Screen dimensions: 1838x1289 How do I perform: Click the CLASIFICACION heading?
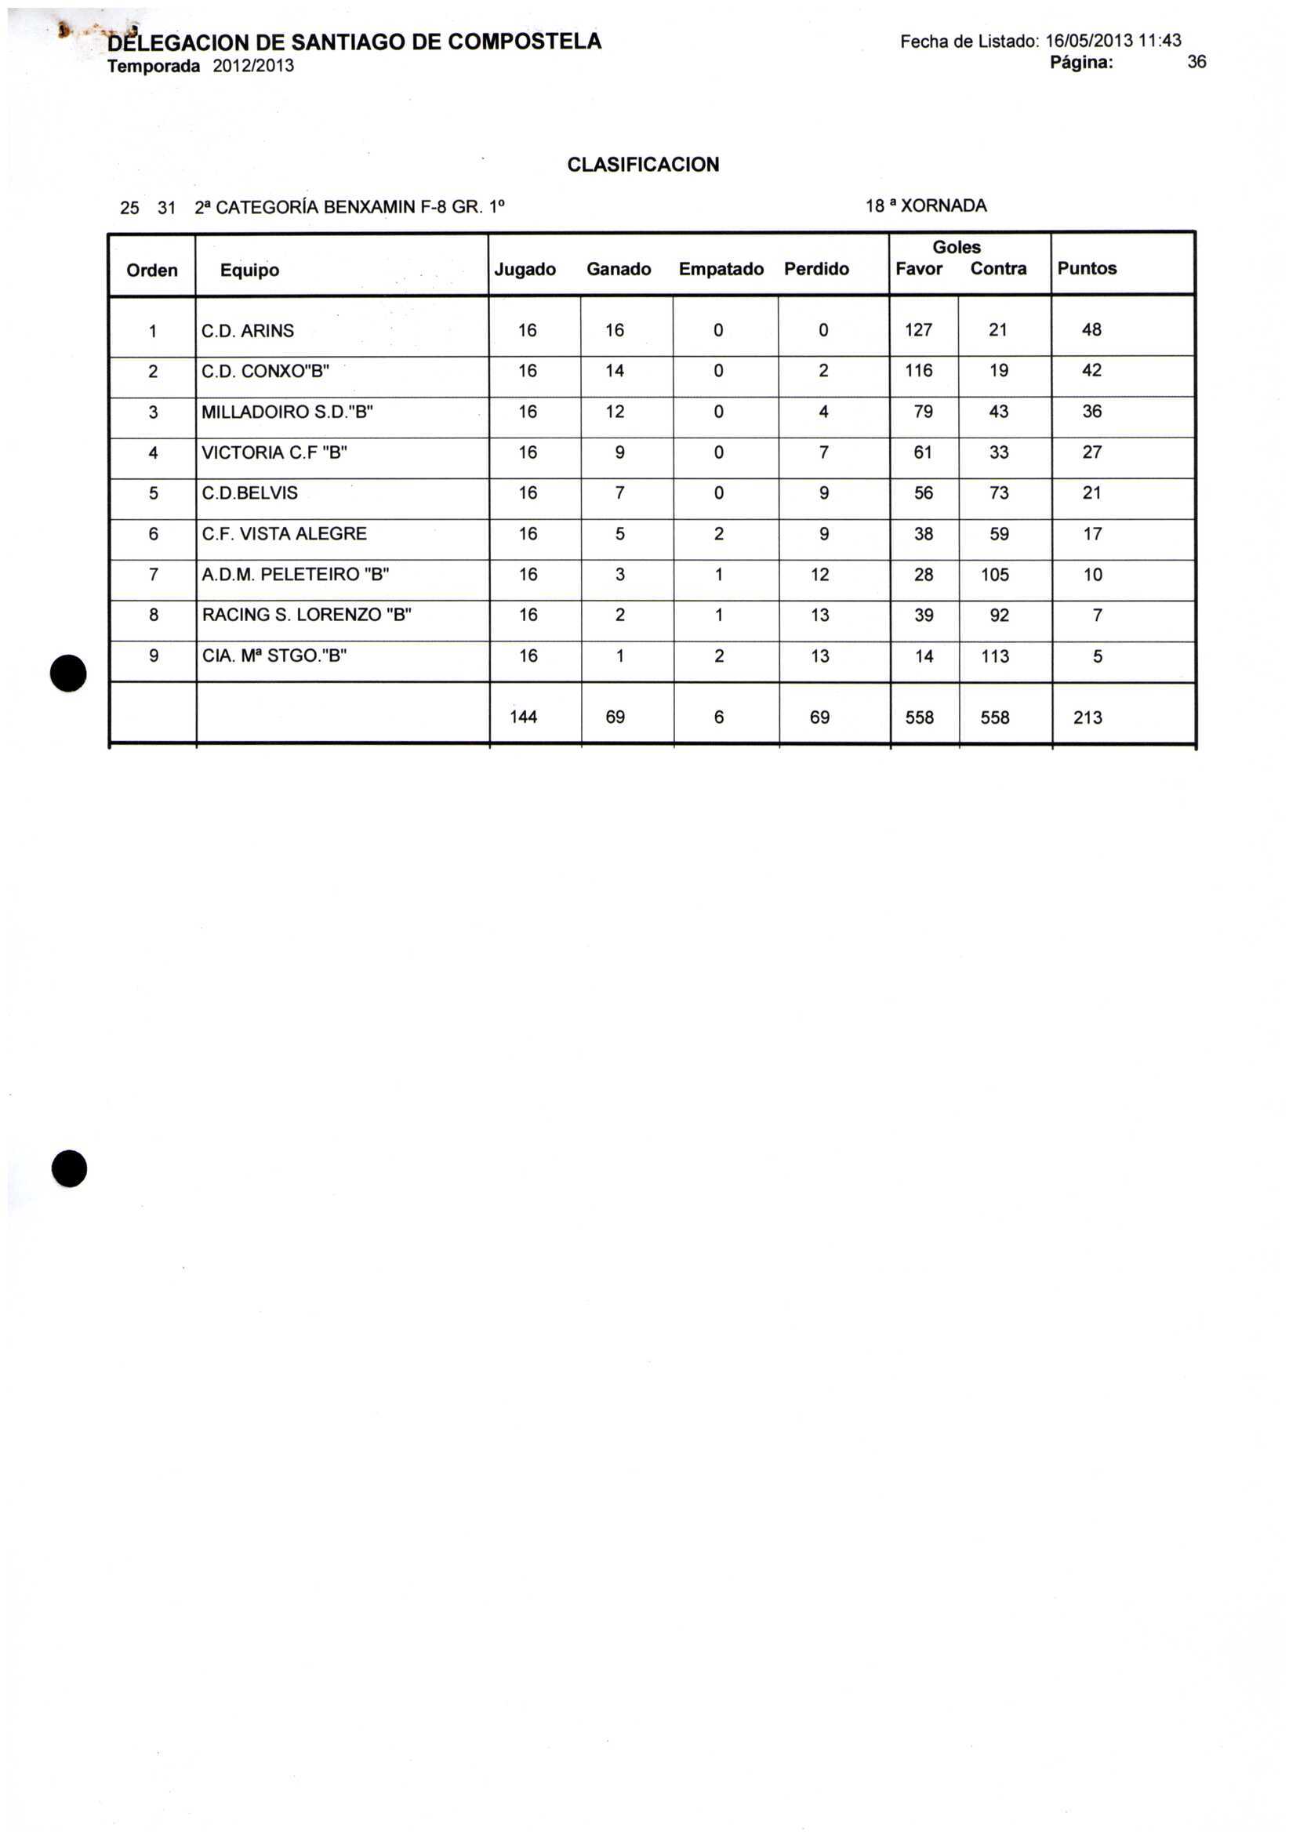coord(642,165)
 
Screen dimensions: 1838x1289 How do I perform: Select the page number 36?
coord(1196,63)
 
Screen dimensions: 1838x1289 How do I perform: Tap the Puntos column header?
coord(1086,268)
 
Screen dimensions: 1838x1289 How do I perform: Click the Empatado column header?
coord(720,269)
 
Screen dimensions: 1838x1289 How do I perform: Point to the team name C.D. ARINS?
coord(248,331)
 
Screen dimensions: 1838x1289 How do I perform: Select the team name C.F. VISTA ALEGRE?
coord(284,534)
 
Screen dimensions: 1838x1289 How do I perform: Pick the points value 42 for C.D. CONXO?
coord(1091,371)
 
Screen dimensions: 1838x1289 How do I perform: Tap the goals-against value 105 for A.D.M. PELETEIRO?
coord(994,575)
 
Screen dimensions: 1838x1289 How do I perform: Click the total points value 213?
coord(1087,717)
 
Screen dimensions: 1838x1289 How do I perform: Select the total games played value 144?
coord(523,717)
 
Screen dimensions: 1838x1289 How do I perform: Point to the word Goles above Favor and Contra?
coord(956,247)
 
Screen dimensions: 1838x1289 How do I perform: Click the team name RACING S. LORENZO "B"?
coord(307,616)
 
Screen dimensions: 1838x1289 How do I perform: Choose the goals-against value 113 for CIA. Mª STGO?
coord(994,656)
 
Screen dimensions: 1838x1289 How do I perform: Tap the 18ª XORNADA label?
coord(925,205)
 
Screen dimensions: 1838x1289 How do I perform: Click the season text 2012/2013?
coord(253,66)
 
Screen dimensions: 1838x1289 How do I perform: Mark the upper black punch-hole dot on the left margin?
coord(69,673)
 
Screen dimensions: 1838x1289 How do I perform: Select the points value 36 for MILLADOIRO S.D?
coord(1091,412)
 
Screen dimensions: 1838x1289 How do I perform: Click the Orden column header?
coord(152,271)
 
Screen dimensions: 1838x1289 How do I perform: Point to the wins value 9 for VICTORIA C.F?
coord(619,452)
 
